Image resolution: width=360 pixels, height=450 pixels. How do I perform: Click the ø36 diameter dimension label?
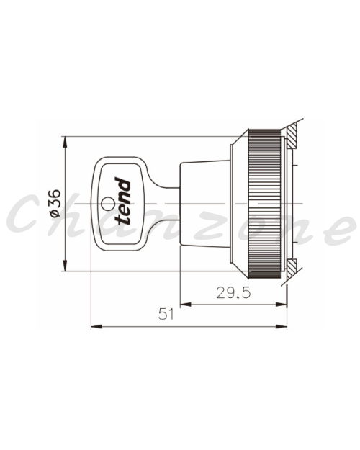click(55, 203)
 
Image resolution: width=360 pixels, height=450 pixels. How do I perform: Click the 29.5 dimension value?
click(233, 293)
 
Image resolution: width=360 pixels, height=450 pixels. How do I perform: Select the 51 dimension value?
click(166, 314)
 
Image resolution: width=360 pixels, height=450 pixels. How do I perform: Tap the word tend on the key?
click(122, 201)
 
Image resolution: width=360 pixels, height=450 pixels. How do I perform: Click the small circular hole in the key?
click(107, 204)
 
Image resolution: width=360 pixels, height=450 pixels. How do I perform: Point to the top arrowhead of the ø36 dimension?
click(66, 142)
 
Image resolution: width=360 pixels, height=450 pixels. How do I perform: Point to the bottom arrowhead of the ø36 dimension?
click(66, 266)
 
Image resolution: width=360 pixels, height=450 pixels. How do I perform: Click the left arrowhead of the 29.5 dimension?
click(186, 305)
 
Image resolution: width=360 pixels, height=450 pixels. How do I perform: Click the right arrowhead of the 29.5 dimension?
click(282, 305)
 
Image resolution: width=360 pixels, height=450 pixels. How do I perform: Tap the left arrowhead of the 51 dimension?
click(96, 327)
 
